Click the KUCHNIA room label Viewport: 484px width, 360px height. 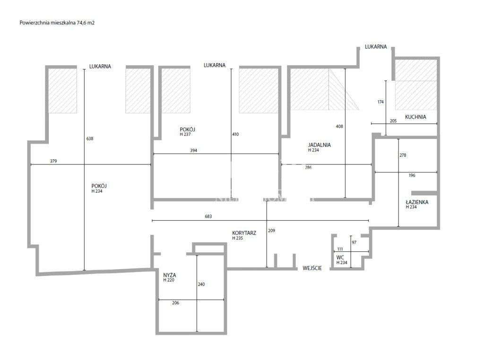[415, 117]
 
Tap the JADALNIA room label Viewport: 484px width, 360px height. [319, 145]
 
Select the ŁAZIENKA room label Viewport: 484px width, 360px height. [417, 202]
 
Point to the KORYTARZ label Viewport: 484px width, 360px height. [244, 233]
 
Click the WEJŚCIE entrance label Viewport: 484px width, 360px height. [312, 268]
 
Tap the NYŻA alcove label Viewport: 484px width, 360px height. [169, 274]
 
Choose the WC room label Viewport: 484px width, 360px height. [340, 257]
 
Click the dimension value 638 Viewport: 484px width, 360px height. [90, 139]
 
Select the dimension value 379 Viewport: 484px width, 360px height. [53, 161]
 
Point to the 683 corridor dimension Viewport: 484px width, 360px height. [208, 217]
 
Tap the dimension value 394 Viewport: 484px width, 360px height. [193, 151]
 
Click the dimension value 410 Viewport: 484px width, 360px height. [235, 134]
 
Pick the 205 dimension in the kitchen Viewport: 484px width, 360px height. [393, 120]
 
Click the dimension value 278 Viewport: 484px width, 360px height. [403, 155]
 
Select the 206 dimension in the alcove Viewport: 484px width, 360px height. [176, 303]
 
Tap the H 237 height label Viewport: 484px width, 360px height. [185, 134]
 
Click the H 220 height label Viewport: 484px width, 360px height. [168, 280]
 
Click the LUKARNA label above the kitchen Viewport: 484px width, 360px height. [376, 47]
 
